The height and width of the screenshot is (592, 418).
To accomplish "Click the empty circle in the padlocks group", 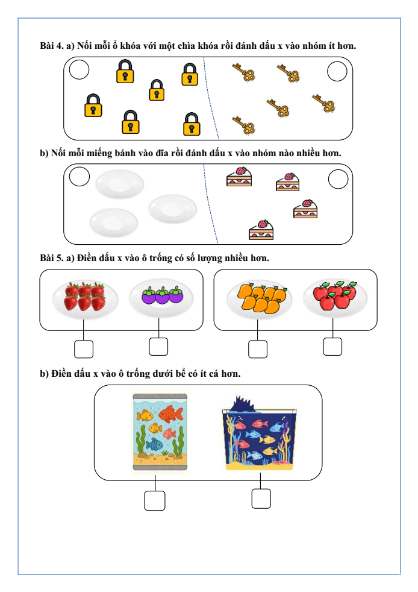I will (79, 71).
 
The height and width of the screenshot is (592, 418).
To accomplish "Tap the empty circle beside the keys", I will (337, 72).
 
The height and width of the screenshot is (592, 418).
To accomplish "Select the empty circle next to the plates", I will (80, 177).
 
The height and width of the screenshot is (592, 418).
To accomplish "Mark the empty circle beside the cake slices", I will (338, 179).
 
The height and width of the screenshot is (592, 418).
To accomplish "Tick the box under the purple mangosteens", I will (158, 347).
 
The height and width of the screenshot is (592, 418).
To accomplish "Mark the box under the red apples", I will (332, 347).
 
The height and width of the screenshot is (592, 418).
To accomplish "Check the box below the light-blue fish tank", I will (155, 500).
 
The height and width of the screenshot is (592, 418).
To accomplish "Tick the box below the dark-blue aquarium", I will (261, 499).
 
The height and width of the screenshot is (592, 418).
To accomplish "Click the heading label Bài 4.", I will (51, 46).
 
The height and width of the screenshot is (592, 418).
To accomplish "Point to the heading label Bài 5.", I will (51, 258).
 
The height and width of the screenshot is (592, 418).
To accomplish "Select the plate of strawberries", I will (84, 297).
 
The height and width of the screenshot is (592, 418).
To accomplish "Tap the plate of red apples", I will (334, 296).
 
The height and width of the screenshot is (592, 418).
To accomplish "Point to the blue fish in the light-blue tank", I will (155, 444).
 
